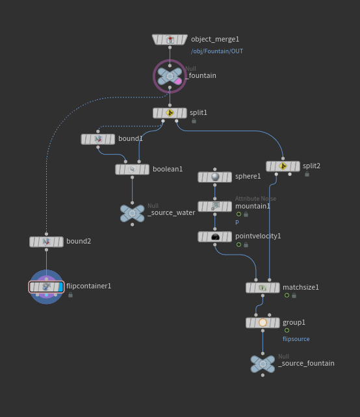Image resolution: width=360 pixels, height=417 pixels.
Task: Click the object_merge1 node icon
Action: click(170, 40)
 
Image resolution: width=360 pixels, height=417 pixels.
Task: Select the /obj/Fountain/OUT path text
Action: click(217, 51)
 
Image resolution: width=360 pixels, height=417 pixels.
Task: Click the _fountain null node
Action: click(170, 77)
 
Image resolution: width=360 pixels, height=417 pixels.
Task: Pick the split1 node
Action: click(170, 113)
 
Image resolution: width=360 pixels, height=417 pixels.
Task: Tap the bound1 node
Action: click(98, 139)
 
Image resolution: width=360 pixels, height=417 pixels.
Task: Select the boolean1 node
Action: click(132, 170)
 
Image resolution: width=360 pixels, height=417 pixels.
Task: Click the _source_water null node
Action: click(132, 213)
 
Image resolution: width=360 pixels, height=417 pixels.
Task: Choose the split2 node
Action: click(283, 166)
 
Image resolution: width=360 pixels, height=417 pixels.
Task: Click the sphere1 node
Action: click(214, 177)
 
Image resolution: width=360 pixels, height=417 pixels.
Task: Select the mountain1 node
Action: click(214, 206)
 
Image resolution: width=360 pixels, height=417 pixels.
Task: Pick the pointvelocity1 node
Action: click(214, 236)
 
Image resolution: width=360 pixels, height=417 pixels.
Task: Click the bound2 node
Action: click(46, 242)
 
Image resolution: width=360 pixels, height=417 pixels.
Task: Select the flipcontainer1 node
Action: click(46, 286)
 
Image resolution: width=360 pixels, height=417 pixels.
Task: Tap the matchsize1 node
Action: click(263, 287)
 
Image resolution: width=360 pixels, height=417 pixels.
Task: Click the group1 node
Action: click(263, 322)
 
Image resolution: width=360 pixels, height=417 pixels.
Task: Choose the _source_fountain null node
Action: click(263, 364)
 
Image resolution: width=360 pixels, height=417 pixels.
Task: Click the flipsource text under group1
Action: click(296, 339)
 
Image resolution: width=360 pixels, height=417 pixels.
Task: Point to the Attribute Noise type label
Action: click(255, 199)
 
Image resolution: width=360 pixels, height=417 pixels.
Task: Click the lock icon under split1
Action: click(193, 121)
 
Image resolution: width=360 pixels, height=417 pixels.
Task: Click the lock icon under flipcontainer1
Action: click(70, 295)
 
